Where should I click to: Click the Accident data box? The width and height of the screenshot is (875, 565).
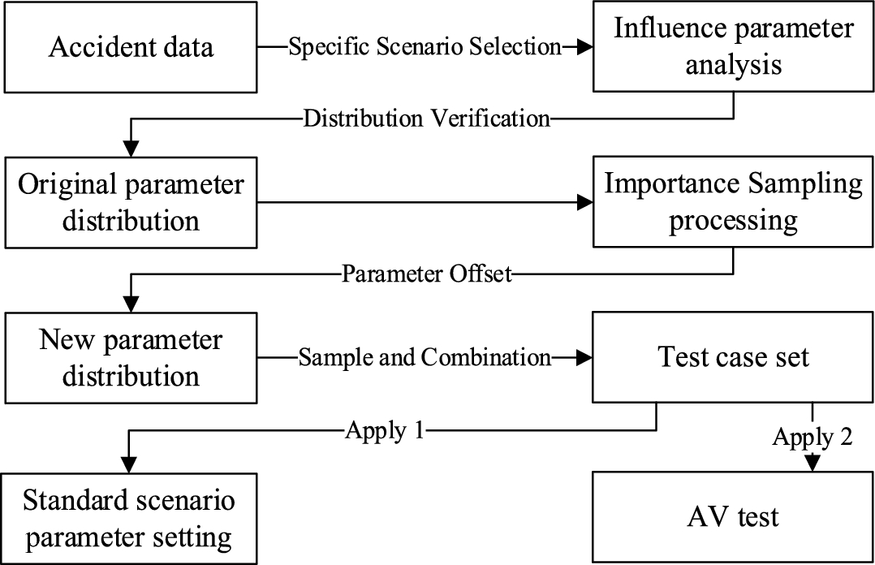click(x=130, y=47)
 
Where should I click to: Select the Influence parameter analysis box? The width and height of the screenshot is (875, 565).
click(x=734, y=47)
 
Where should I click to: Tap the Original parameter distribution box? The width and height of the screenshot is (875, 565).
click(x=130, y=201)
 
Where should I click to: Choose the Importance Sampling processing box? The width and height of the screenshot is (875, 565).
click(x=734, y=201)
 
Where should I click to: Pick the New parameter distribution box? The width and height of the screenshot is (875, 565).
click(x=130, y=357)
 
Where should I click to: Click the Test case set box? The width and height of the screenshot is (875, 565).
click(x=734, y=357)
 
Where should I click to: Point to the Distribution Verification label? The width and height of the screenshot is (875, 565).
click(x=427, y=119)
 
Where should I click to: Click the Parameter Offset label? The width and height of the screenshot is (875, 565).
click(x=427, y=274)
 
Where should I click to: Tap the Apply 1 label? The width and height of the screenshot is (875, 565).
click(x=386, y=430)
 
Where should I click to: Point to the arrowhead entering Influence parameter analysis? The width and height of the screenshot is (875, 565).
click(x=582, y=47)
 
